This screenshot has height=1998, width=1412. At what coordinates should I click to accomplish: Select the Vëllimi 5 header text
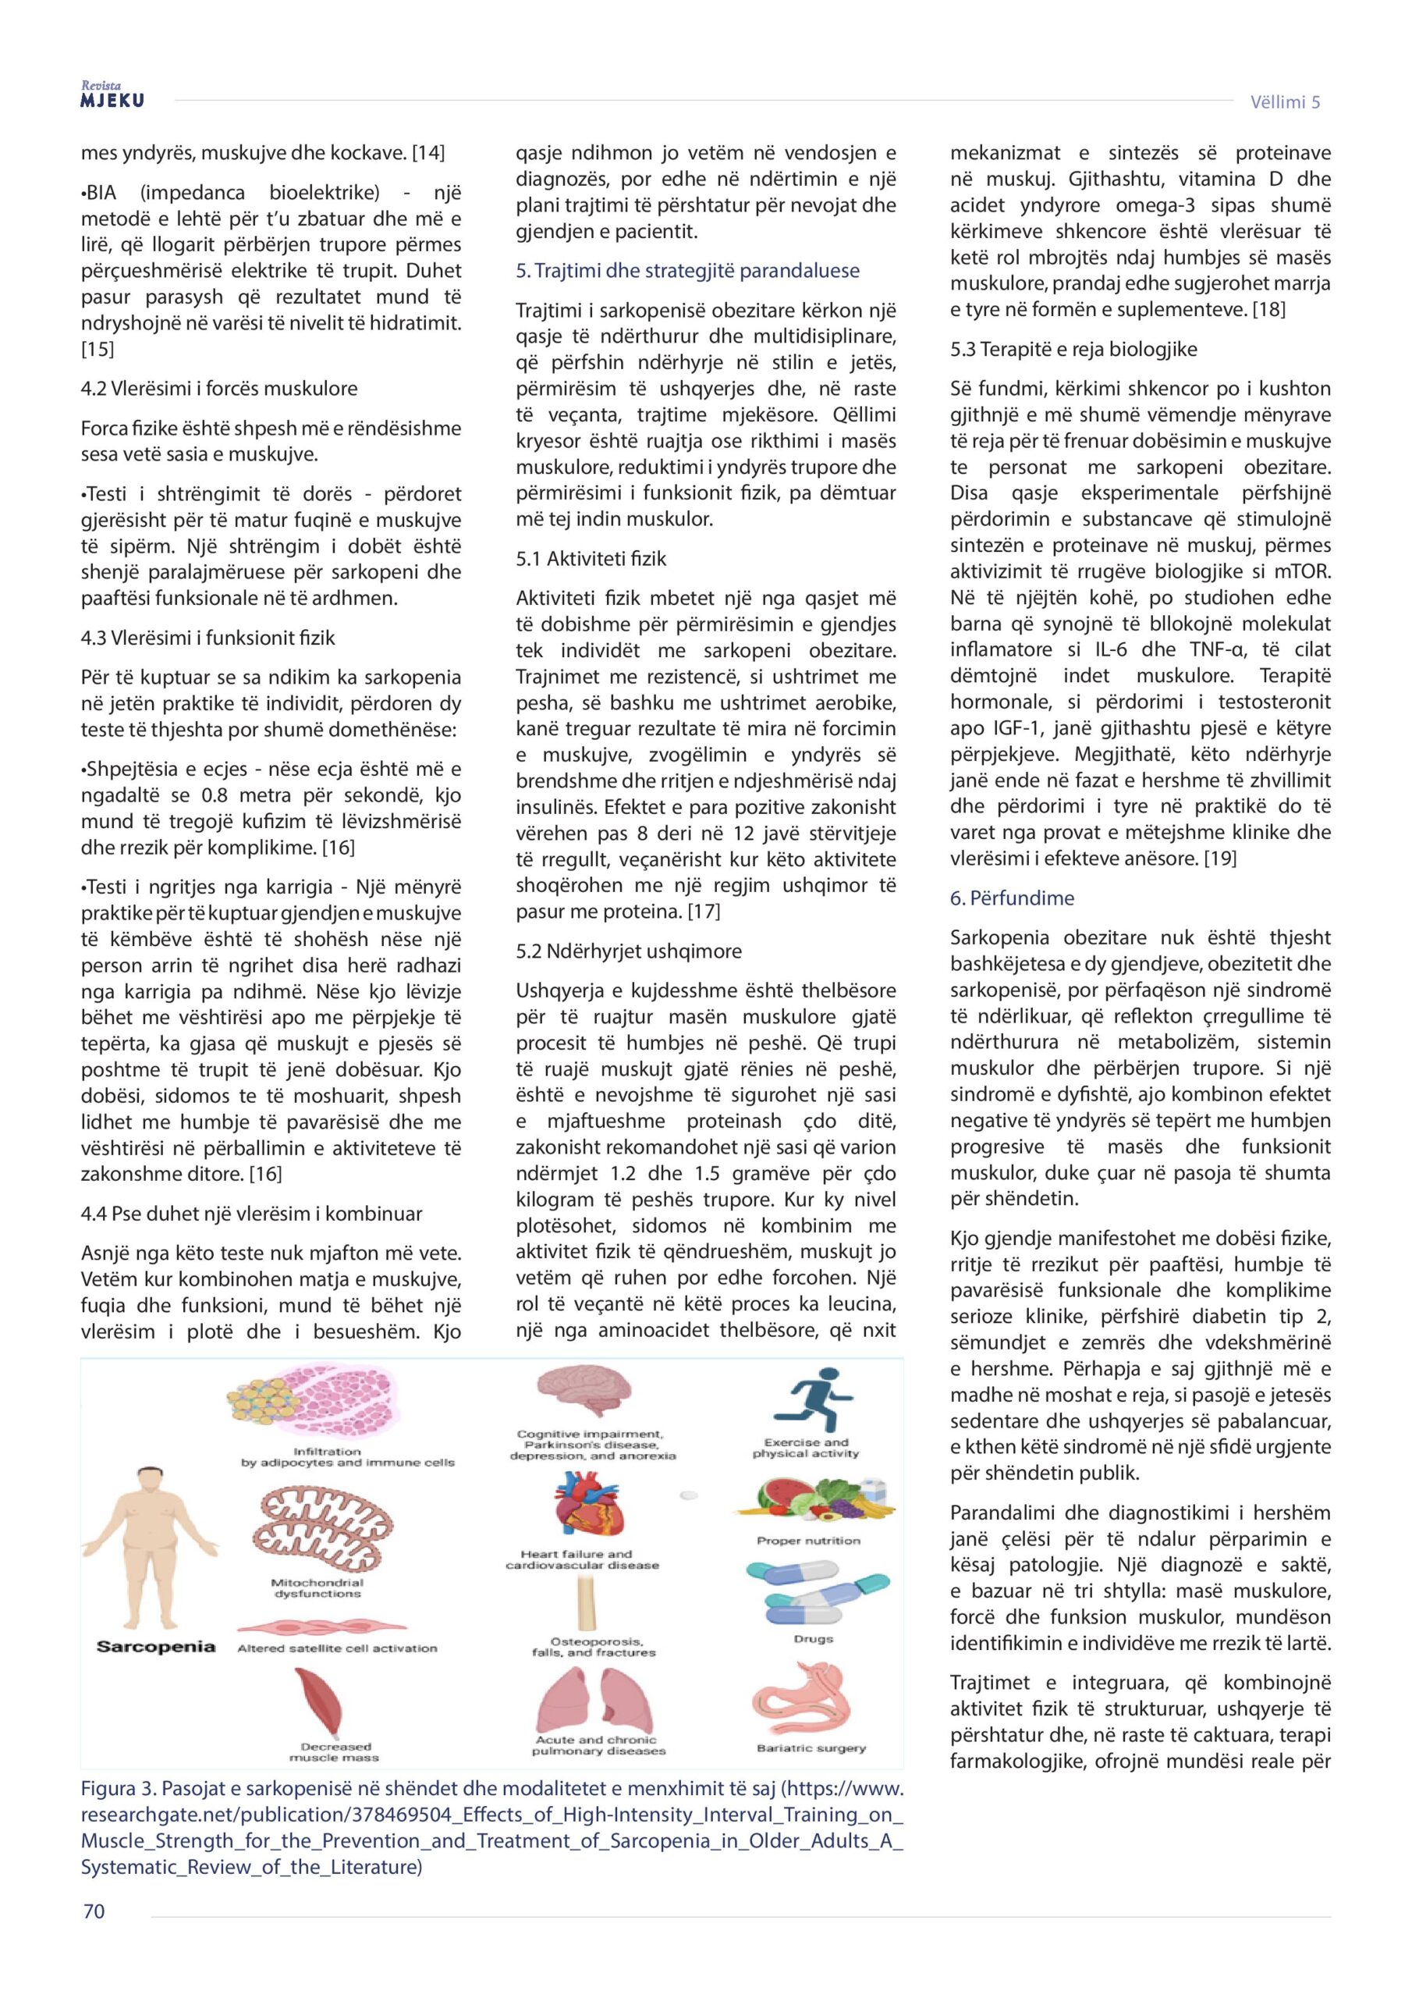click(x=1285, y=101)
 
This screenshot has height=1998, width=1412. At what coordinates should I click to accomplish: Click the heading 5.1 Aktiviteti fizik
click(x=591, y=559)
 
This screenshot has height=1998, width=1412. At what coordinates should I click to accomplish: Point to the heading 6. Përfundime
click(x=1012, y=898)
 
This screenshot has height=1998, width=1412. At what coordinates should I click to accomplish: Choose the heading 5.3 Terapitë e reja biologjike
click(x=1073, y=349)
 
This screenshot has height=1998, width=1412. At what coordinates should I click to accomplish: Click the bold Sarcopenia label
click(x=156, y=1647)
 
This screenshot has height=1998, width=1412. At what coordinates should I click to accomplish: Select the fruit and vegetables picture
click(x=813, y=1501)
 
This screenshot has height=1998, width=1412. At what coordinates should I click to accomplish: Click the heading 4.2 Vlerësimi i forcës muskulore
click(x=219, y=388)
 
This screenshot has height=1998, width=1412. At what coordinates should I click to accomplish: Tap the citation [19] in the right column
click(x=1220, y=858)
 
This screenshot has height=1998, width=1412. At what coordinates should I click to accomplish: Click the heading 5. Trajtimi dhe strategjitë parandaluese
click(x=687, y=271)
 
